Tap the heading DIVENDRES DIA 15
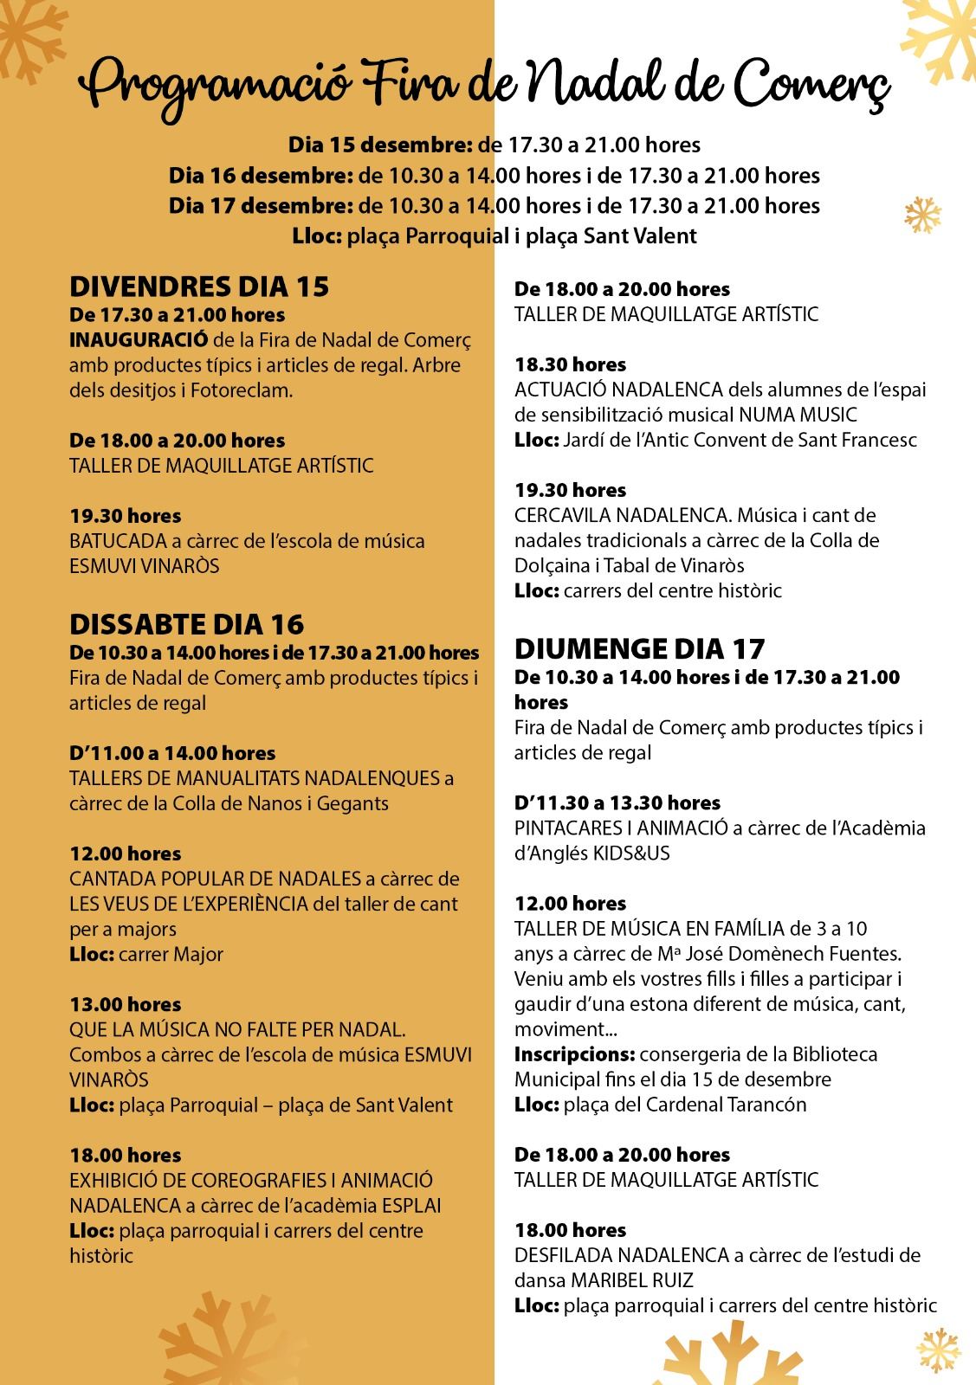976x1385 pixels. click(x=199, y=287)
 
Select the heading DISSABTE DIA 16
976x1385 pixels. click(x=187, y=624)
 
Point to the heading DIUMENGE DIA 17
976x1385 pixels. click(x=640, y=649)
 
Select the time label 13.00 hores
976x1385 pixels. click(x=126, y=1005)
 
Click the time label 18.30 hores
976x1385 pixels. click(x=570, y=364)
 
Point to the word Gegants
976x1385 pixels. click(x=353, y=803)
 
